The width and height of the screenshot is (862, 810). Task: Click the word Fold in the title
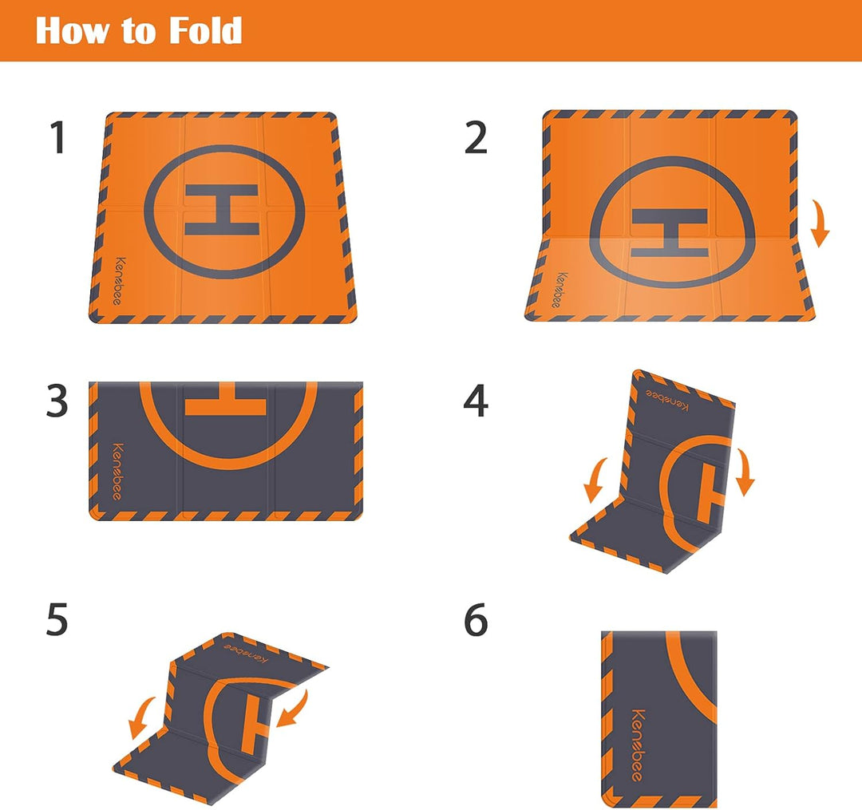[x=205, y=31]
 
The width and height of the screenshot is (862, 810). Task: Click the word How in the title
[x=72, y=31]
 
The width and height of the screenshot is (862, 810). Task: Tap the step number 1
[x=57, y=137]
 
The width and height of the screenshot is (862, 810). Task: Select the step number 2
[x=476, y=137]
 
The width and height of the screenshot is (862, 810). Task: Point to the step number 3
[x=57, y=401]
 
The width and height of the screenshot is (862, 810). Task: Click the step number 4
[x=476, y=401]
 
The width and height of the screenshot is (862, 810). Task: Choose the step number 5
[x=57, y=619]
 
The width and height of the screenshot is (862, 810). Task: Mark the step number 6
[x=476, y=619]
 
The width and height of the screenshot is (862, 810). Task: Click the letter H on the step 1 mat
[x=222, y=210]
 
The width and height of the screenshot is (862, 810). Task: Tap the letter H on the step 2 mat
[x=669, y=232]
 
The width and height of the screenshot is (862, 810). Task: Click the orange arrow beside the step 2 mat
[x=820, y=223]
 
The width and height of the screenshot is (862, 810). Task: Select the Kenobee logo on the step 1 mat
[x=119, y=281]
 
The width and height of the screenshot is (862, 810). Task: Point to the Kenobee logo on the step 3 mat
[x=117, y=472]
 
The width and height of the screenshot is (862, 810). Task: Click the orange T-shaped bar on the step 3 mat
[x=225, y=399]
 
